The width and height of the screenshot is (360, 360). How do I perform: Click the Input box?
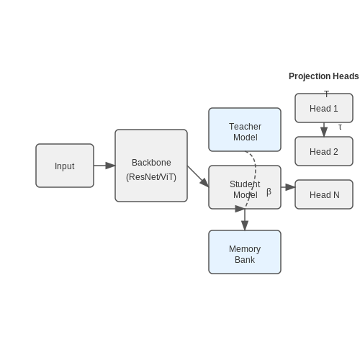pyautogui.click(x=65, y=166)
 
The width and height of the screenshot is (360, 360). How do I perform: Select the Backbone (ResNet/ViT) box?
pyautogui.click(x=151, y=166)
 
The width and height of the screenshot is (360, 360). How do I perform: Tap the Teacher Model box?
pyautogui.click(x=245, y=130)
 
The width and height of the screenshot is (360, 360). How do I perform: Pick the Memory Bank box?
pyautogui.click(x=245, y=252)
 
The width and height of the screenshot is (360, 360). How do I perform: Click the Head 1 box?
pyautogui.click(x=324, y=108)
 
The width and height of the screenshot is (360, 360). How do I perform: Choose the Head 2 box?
pyautogui.click(x=324, y=151)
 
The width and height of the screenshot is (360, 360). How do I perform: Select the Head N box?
pyautogui.click(x=324, y=194)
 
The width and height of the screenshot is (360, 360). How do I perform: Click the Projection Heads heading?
pyautogui.click(x=324, y=76)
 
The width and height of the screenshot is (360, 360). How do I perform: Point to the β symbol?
pyautogui.click(x=269, y=192)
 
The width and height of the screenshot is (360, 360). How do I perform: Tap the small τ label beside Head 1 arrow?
pyautogui.click(x=340, y=127)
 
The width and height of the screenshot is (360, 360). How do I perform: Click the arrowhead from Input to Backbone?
pyautogui.click(x=110, y=166)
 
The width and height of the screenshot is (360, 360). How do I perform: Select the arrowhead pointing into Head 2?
pyautogui.click(x=324, y=132)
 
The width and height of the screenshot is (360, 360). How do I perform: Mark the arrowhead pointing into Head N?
pyautogui.click(x=290, y=187)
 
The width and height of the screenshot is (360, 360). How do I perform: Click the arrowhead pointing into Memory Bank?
pyautogui.click(x=245, y=225)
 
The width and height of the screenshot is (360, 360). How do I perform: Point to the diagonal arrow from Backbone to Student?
pyautogui.click(x=198, y=176)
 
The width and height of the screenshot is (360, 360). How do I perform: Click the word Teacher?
pyautogui.click(x=245, y=127)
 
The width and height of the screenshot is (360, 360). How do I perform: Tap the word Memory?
pyautogui.click(x=245, y=249)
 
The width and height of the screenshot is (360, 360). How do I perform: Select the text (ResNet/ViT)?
pyautogui.click(x=151, y=177)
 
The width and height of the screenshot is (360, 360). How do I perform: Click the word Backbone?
pyautogui.click(x=151, y=163)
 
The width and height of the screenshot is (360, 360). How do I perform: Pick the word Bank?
pyautogui.click(x=245, y=260)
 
